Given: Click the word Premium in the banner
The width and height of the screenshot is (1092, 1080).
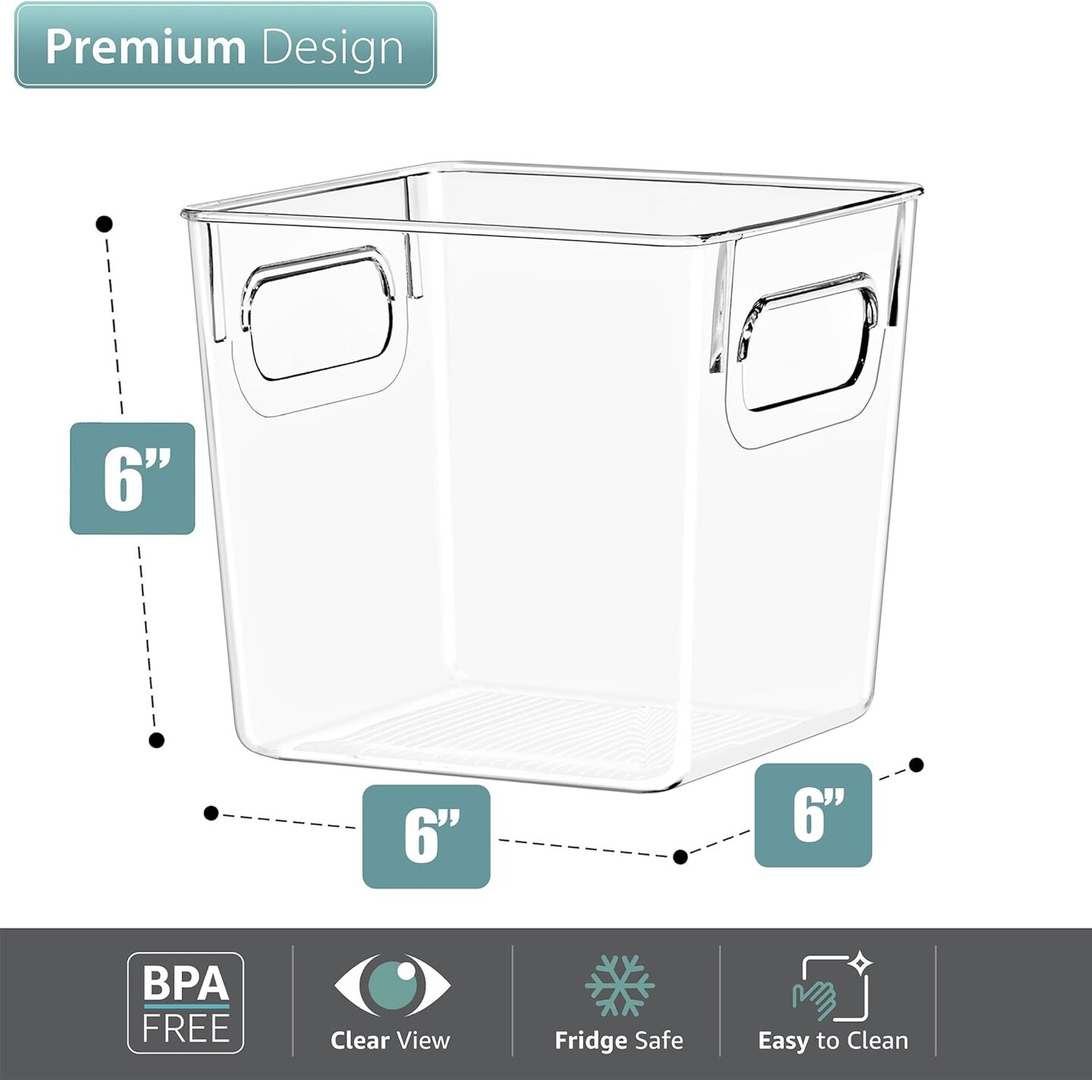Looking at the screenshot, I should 145,47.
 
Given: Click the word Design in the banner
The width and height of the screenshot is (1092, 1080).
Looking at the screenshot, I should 332,48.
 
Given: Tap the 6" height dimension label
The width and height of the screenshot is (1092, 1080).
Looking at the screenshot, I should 133,479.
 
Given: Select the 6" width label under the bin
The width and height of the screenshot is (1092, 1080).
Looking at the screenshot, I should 426,836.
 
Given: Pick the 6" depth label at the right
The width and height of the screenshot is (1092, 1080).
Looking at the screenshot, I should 813,815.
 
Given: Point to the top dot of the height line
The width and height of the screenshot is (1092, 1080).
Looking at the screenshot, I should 105,224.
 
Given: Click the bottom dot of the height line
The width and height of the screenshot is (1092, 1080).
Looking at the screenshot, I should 157,740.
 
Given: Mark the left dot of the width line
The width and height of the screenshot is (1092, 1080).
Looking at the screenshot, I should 212,813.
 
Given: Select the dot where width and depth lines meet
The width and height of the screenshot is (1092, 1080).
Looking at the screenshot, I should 680,856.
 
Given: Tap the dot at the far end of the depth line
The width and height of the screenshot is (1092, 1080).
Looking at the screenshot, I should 916,764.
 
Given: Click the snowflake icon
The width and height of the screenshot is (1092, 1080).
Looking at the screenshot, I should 619,984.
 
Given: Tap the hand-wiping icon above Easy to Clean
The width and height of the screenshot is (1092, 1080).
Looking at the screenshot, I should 831,987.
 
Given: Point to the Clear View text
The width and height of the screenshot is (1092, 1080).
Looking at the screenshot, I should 391,1040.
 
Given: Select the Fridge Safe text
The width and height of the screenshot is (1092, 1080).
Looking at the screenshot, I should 619,1040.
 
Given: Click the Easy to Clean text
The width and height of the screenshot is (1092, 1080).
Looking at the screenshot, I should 833,1041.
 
